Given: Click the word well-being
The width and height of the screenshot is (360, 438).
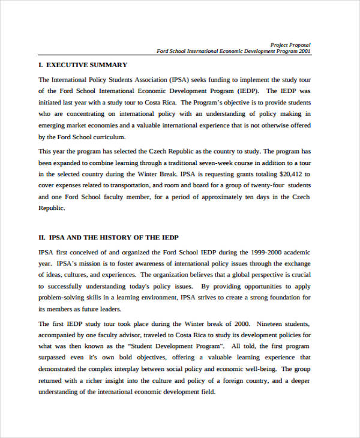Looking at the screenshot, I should (257, 369).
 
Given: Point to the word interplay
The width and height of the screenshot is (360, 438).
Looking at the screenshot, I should (149, 369).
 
